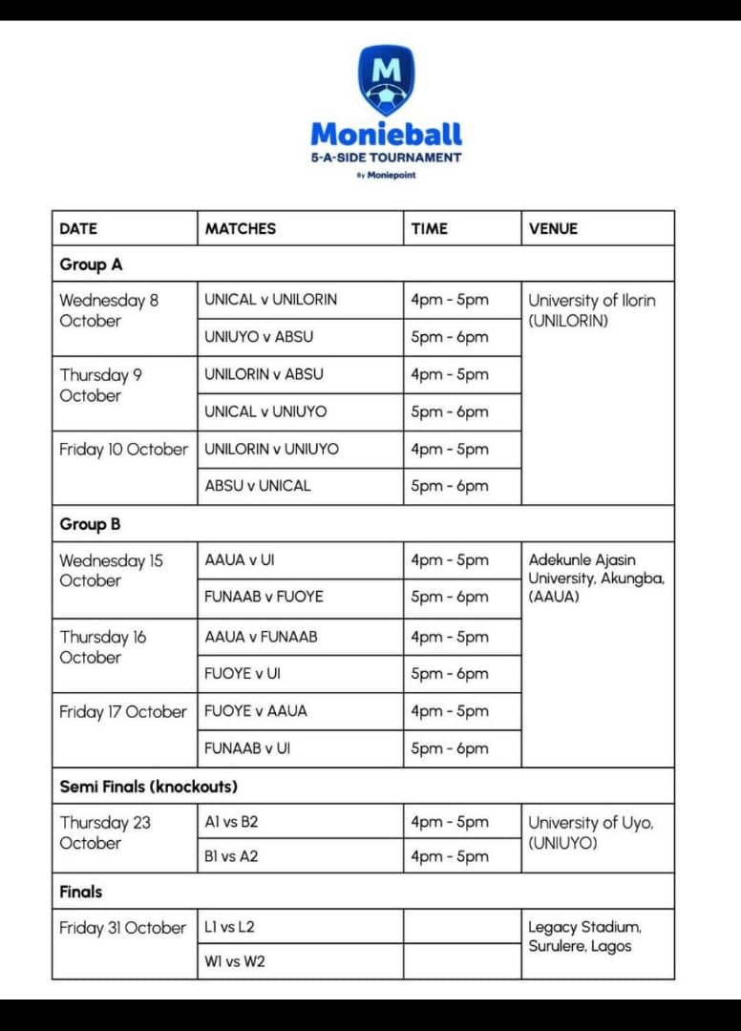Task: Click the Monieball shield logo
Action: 386,80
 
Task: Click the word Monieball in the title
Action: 386,134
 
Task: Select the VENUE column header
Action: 553,228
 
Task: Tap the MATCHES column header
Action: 240,228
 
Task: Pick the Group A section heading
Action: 91,264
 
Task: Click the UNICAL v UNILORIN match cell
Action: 270,300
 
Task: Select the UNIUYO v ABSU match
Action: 258,337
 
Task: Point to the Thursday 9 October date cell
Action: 100,385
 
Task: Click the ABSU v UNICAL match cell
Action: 257,486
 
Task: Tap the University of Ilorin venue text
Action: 592,310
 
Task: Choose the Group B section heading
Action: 90,524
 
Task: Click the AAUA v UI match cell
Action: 239,560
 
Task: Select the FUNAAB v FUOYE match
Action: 264,597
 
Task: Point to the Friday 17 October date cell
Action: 122,712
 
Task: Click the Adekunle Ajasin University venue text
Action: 596,579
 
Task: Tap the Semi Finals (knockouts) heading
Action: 148,787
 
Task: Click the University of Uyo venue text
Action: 591,832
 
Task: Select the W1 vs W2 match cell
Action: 234,961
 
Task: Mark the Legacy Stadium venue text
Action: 584,936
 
